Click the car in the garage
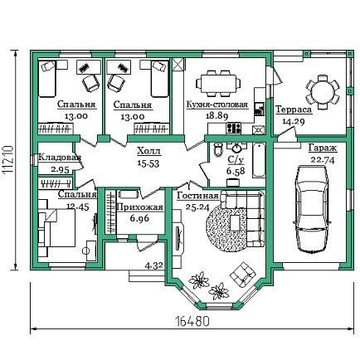coord(312,209)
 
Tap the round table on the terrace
coord(323,92)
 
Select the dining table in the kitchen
coord(218,83)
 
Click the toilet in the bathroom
coord(218,149)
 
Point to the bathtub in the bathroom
coord(259,160)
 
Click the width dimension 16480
coord(192,321)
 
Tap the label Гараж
coord(323,148)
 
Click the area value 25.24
coord(197,207)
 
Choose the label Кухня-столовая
coord(217,105)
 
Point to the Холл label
coord(148,151)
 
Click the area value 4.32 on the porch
coord(153,265)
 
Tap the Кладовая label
coord(60,158)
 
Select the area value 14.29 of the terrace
coord(293,121)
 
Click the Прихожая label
coord(140,207)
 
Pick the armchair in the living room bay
coord(242,275)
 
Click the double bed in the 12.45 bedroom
coord(57,227)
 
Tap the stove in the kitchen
coord(233,129)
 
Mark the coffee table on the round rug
coord(236,223)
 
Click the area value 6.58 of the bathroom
coord(236,171)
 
